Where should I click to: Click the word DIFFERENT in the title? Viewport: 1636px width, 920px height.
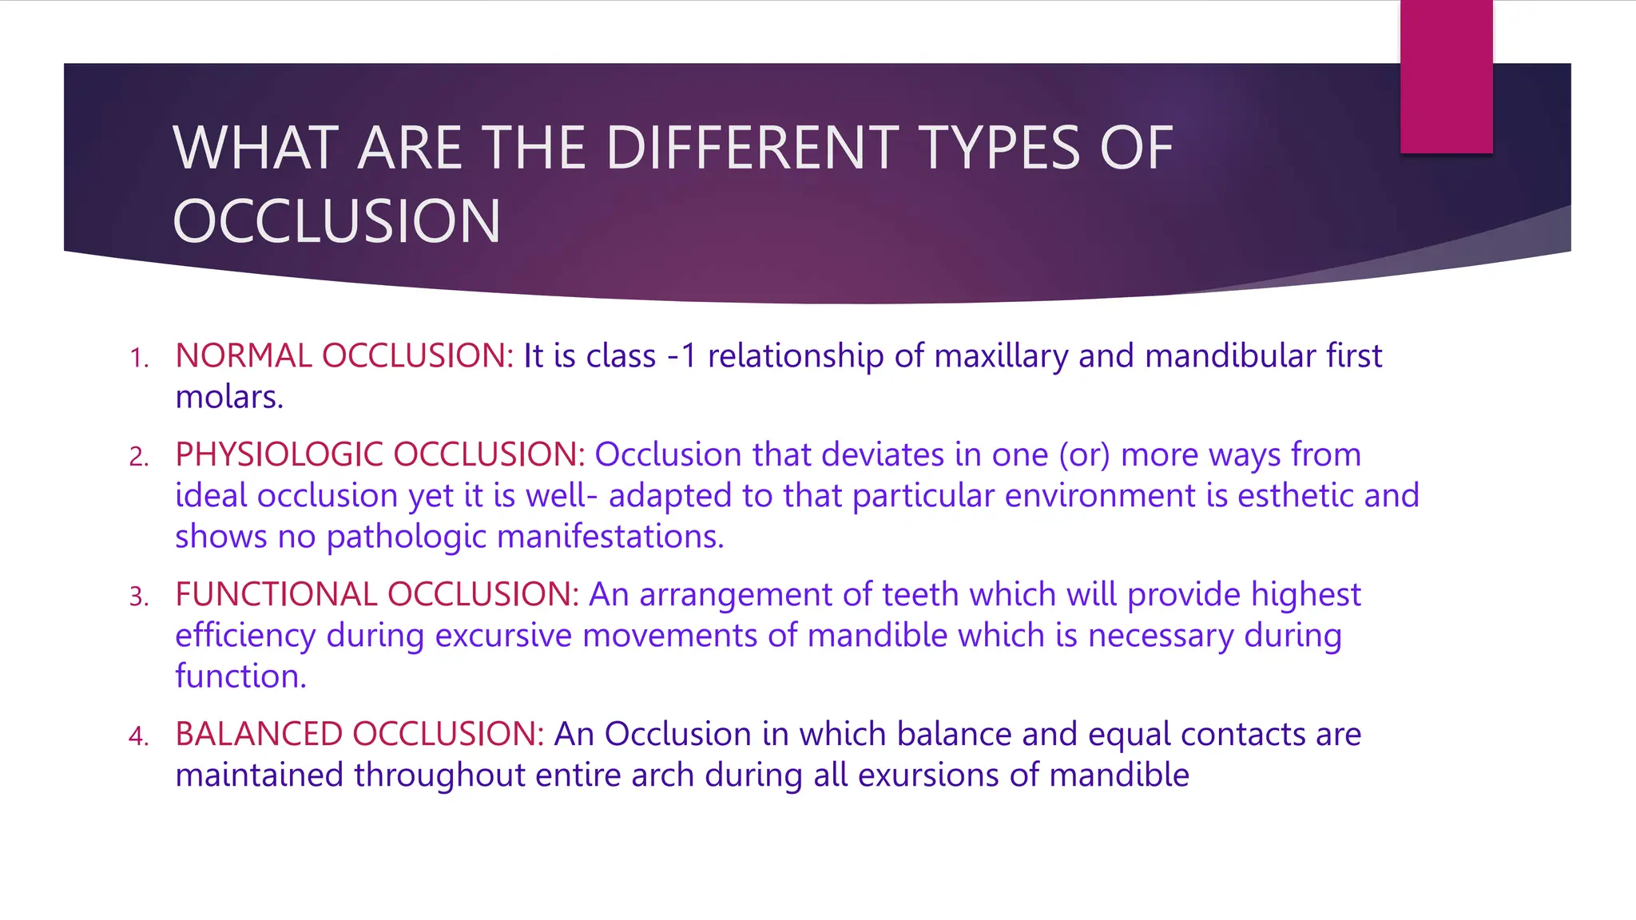click(x=752, y=149)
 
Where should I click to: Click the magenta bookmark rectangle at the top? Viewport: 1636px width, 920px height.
click(x=1446, y=77)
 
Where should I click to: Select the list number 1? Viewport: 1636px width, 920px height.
click(x=139, y=358)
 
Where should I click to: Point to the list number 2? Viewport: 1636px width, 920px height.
click(x=139, y=457)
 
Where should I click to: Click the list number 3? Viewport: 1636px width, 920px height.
click(x=139, y=597)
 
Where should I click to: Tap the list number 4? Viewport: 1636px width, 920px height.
click(x=139, y=736)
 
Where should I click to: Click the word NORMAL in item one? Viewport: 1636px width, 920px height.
click(x=244, y=355)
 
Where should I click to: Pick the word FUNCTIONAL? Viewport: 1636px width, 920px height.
click(x=277, y=594)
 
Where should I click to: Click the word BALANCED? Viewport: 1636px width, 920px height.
click(x=260, y=734)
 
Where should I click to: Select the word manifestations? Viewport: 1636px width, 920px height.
click(x=610, y=537)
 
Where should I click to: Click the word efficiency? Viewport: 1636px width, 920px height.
click(x=245, y=636)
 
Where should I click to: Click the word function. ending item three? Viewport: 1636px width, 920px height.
click(x=240, y=676)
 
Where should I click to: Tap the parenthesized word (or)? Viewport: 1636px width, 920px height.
click(x=1084, y=455)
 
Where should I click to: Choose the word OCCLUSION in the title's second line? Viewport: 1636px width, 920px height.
click(x=336, y=221)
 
